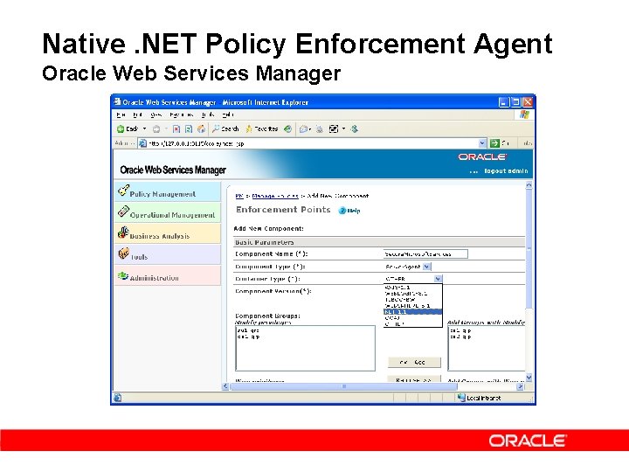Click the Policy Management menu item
[x=163, y=193]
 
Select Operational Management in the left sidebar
[x=172, y=214]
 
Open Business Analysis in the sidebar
[x=160, y=235]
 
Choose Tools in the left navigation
[x=139, y=256]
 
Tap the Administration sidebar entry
[x=155, y=277]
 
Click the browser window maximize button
[x=514, y=101]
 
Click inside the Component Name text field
[x=425, y=253]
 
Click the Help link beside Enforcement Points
[x=349, y=210]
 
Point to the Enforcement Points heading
[x=283, y=210]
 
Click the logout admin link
[x=506, y=171]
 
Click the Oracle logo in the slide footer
[x=528, y=441]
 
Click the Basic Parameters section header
[x=265, y=242]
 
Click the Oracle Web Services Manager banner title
[x=173, y=170]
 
